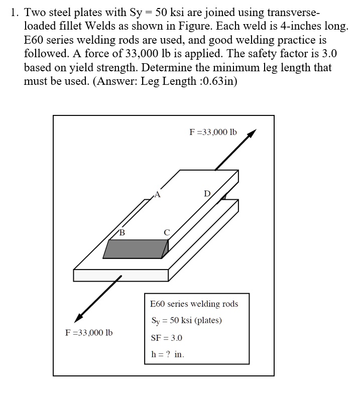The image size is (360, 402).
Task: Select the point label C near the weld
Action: click(x=167, y=231)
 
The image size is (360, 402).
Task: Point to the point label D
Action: click(x=207, y=194)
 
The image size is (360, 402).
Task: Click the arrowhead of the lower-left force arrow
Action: click(x=79, y=317)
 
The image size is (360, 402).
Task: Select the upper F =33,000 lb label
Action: click(x=212, y=132)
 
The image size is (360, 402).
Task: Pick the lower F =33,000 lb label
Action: click(x=89, y=333)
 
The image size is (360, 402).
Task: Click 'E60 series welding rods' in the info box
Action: click(x=194, y=304)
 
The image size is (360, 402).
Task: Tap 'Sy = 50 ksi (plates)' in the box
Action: click(x=186, y=321)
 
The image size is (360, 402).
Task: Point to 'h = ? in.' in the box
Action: click(x=168, y=354)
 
